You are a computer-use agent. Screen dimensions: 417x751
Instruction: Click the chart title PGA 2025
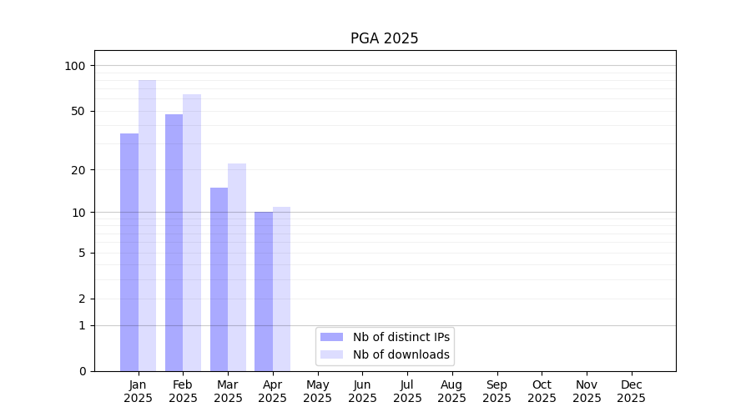coord(384,38)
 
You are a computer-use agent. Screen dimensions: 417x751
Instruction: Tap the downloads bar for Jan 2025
coord(147,225)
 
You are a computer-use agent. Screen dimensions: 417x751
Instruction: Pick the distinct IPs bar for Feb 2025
coord(174,242)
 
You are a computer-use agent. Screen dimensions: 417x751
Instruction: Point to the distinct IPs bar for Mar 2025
coord(219,279)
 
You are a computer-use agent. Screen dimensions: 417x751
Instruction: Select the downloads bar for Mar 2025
coord(237,267)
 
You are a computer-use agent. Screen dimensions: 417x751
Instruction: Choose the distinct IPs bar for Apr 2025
coord(264,291)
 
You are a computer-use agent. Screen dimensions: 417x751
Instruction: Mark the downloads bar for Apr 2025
coord(281,289)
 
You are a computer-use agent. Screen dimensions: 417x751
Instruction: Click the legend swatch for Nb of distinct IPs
coord(331,337)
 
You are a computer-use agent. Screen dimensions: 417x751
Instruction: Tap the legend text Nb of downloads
coord(401,354)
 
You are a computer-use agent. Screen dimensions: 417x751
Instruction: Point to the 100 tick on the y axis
coord(75,66)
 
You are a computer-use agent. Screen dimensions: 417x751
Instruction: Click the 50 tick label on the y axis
coord(78,111)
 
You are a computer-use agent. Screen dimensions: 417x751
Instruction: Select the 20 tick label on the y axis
coord(78,170)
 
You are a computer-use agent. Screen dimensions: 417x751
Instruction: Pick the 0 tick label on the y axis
coord(82,371)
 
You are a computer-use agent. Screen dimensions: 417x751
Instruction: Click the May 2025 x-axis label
coord(317,391)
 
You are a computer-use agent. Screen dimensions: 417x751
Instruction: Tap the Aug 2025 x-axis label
coord(451,391)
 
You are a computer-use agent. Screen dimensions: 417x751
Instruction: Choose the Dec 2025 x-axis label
coord(631,391)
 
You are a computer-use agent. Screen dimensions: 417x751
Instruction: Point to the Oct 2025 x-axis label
coord(542,391)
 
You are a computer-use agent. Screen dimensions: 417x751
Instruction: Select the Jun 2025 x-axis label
coord(362,391)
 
